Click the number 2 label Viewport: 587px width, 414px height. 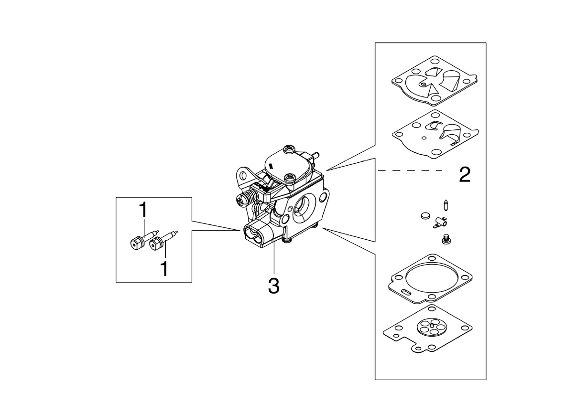tap(465, 174)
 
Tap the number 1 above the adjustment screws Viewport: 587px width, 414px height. tap(143, 210)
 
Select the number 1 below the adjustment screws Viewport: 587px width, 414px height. tap(165, 268)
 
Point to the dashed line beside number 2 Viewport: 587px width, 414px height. tap(410, 170)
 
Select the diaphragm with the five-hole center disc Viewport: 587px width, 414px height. tap(428, 331)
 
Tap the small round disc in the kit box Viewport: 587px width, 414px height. tap(425, 216)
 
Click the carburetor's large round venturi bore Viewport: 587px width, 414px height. tap(304, 209)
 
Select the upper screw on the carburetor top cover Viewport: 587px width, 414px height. tap(290, 148)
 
